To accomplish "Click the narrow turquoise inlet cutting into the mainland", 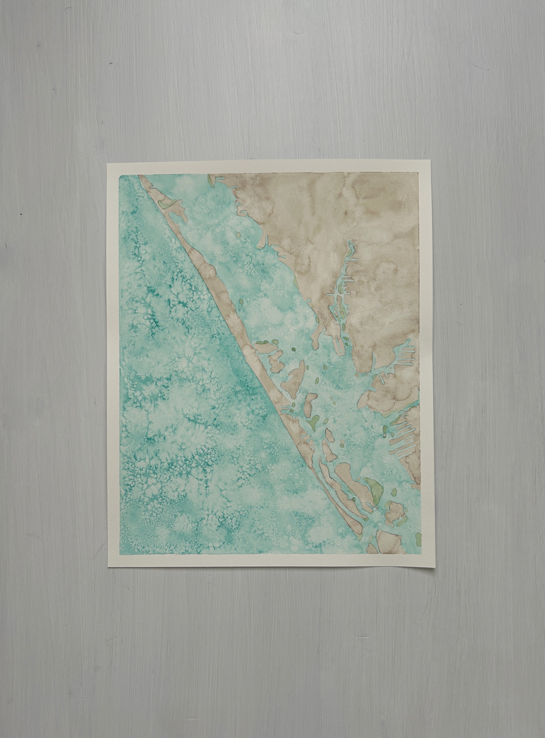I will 340,290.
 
